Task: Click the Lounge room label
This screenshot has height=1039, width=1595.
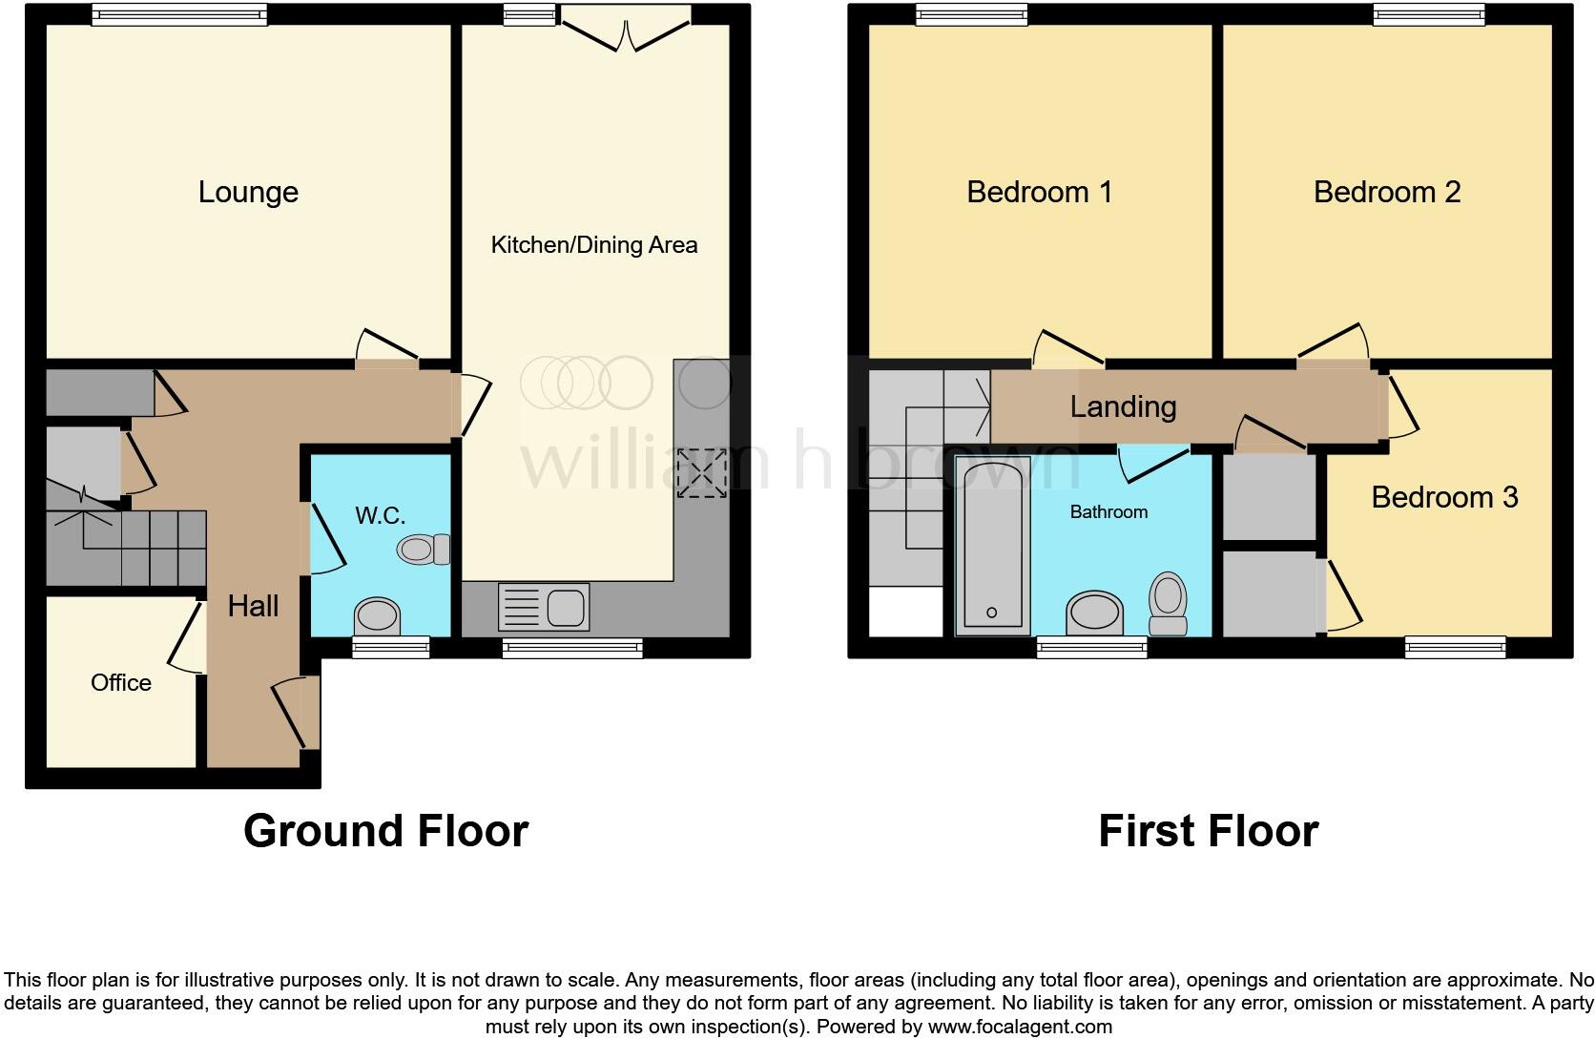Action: pos(248,192)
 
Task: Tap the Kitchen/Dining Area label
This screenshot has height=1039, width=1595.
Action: pos(593,245)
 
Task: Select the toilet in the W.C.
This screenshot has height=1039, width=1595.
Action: pos(425,550)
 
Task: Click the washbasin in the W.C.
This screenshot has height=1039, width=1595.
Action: pos(377,615)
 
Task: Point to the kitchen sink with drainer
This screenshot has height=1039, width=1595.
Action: pos(543,607)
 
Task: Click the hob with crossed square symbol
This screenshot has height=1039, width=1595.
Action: pos(701,473)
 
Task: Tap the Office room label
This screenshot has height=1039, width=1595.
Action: pos(121,682)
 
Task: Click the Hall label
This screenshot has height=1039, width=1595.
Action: pos(253,606)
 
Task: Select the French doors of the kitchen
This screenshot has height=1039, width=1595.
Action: pos(626,29)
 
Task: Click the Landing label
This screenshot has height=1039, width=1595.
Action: pos(1123,406)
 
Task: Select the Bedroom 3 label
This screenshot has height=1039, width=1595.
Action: pos(1444,497)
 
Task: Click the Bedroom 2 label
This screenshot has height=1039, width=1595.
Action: pos(1386,192)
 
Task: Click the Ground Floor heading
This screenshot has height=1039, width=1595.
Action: pos(385,830)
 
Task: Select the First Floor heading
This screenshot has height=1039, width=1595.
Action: pos(1208,830)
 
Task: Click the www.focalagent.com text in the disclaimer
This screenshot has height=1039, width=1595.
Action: pos(1020,1028)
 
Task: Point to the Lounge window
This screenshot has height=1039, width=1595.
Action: pos(179,13)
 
